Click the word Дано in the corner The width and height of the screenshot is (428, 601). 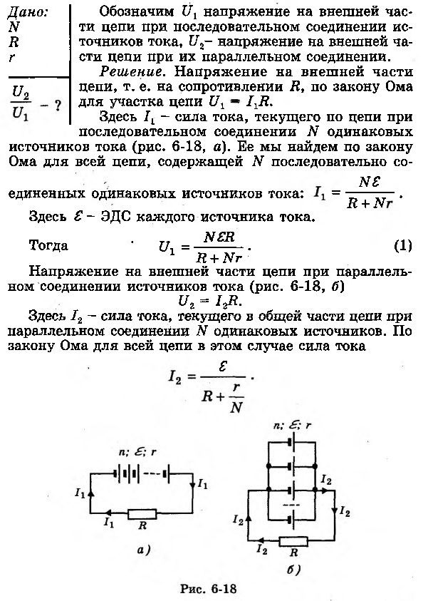[28, 13]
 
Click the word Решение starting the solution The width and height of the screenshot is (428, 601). [130, 72]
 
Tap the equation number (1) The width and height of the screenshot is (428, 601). [403, 245]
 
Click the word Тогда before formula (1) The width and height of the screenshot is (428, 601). [48, 245]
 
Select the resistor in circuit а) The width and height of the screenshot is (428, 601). [142, 513]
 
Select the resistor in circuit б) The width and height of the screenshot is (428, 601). [293, 541]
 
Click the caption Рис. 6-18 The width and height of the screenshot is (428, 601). [208, 588]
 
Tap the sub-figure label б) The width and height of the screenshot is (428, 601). [293, 570]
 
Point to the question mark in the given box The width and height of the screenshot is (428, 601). [58, 106]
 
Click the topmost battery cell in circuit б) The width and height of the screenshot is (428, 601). [292, 442]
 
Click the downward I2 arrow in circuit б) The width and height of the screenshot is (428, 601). [335, 510]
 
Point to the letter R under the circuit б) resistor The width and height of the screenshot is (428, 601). [293, 553]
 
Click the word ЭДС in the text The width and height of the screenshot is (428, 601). [116, 217]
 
